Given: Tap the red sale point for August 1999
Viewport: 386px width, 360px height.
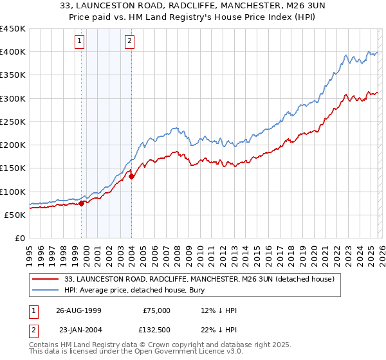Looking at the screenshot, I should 82,204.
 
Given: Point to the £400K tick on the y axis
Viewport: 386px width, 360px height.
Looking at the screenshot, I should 13,52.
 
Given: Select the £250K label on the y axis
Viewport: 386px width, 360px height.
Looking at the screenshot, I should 13,122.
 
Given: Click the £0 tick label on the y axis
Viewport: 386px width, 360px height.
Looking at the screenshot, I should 19,238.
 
